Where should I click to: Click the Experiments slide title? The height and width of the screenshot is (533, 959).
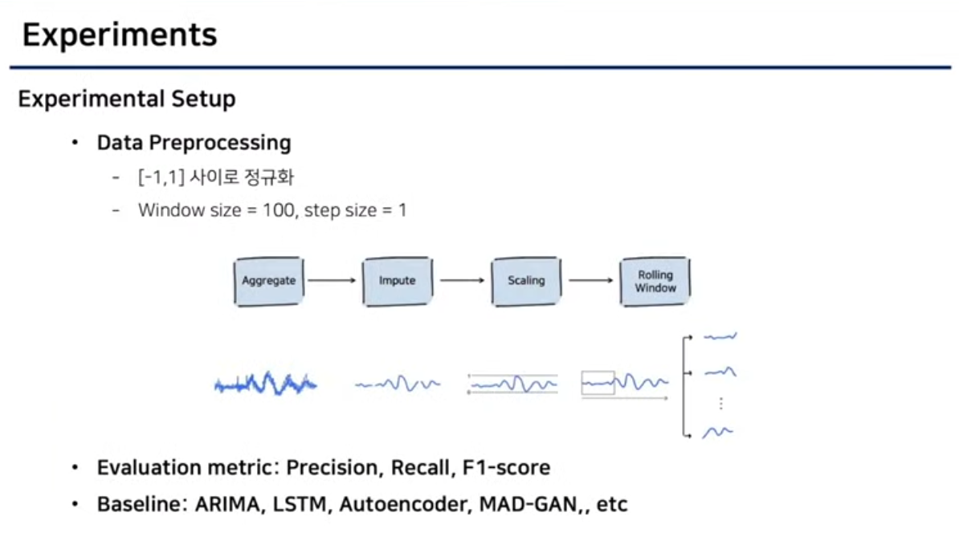click(x=120, y=35)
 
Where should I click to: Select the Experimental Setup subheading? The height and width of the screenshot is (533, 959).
click(x=127, y=99)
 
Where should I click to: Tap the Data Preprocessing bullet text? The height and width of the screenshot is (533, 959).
click(x=194, y=143)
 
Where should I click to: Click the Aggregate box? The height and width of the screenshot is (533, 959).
click(x=269, y=281)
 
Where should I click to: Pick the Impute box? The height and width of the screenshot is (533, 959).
click(x=397, y=281)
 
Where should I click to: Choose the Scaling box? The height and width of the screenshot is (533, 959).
click(x=526, y=281)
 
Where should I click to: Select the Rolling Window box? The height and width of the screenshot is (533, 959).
click(x=655, y=281)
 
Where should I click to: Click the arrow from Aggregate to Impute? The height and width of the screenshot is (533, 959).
click(x=331, y=281)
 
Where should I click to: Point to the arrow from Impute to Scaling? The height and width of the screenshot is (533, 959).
click(x=460, y=281)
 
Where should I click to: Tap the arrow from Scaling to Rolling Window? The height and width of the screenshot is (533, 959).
click(x=591, y=281)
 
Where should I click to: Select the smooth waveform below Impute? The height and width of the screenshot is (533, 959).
click(x=398, y=384)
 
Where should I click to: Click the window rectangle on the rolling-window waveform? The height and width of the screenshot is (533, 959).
click(x=598, y=382)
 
